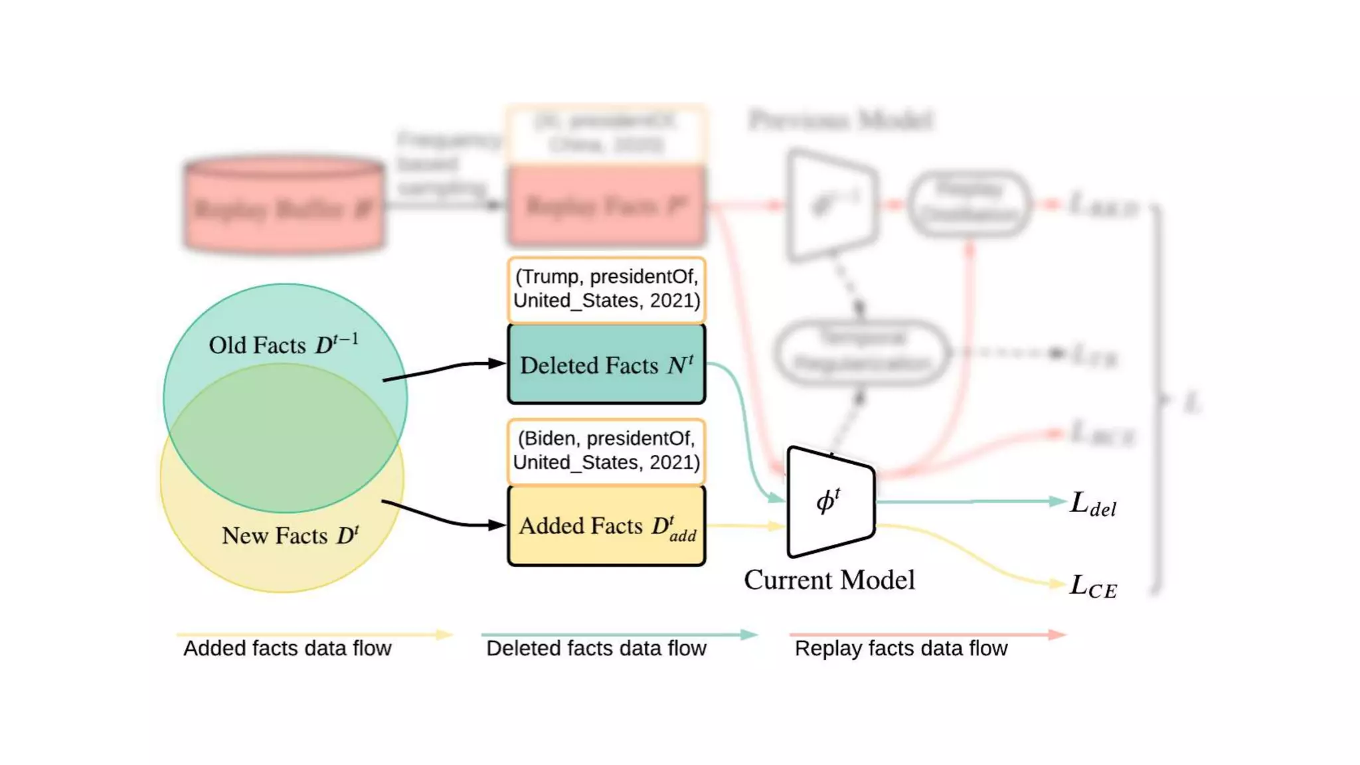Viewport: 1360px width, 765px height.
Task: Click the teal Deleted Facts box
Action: tap(606, 364)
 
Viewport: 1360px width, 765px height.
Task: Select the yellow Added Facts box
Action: tap(606, 526)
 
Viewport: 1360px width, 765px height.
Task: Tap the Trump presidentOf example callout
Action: tap(606, 290)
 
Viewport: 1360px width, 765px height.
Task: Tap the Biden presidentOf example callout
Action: tap(606, 451)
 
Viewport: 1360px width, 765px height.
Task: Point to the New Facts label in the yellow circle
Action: tap(290, 535)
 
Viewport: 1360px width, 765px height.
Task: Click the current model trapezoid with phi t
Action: tap(830, 502)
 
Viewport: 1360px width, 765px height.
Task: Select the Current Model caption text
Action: tap(829, 580)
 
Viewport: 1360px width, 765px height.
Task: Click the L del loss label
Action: tap(1093, 505)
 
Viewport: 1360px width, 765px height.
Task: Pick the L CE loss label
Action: tap(1093, 587)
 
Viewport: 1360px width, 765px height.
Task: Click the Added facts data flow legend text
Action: tap(287, 648)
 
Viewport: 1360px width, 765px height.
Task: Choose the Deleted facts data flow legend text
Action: tap(596, 648)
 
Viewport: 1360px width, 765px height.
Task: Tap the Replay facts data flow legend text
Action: tap(900, 648)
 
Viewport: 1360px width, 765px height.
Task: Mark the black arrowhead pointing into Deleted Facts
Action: tap(497, 363)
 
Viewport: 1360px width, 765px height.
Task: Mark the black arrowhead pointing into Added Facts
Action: tap(497, 525)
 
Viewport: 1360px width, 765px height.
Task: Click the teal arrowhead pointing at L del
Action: tap(1058, 501)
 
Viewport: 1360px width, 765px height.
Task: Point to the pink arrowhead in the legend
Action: tap(1057, 634)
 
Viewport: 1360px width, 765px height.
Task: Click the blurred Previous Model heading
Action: tap(841, 120)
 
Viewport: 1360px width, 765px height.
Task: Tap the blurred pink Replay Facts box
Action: tap(606, 206)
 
